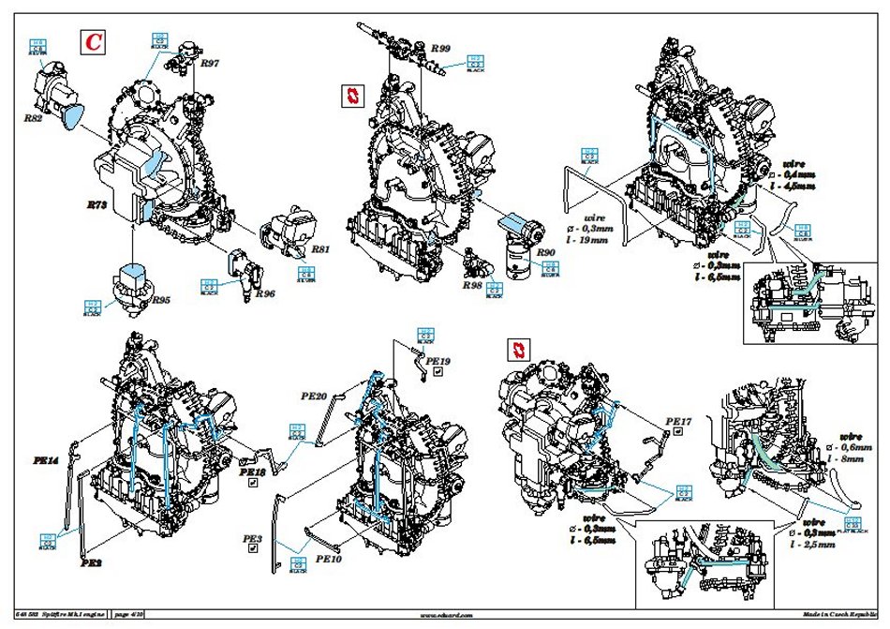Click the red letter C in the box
[x=94, y=42]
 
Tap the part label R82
[x=34, y=119]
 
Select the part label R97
[x=209, y=64]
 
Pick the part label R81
[x=320, y=249]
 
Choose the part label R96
[x=266, y=292]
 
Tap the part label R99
[x=440, y=48]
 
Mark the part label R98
[x=471, y=284]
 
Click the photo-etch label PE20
[x=314, y=397]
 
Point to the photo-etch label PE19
[x=438, y=360]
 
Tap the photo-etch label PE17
[x=677, y=422]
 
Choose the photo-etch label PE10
[x=329, y=559]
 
